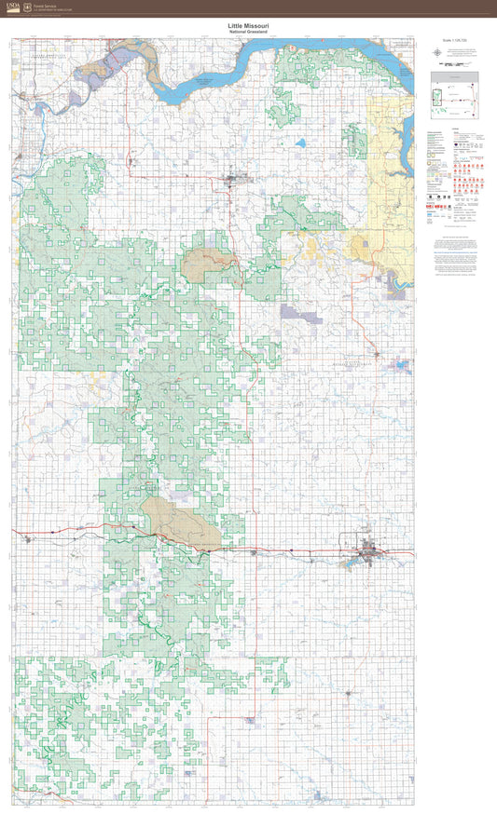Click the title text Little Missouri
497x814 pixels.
(x=248, y=27)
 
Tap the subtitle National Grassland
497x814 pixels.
(x=248, y=33)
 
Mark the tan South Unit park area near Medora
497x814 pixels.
(x=182, y=522)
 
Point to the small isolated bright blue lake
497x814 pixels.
(x=301, y=143)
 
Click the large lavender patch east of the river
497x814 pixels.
(x=300, y=313)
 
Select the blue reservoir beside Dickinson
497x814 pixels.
(x=354, y=562)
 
